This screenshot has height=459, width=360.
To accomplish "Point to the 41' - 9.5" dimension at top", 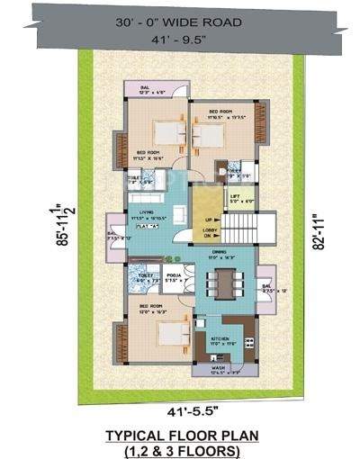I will pos(180,39).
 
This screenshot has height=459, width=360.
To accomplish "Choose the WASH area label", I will pos(219,367).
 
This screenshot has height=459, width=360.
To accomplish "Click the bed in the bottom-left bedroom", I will pos(165,333).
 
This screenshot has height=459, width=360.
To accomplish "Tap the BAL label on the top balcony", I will pos(143,88).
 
